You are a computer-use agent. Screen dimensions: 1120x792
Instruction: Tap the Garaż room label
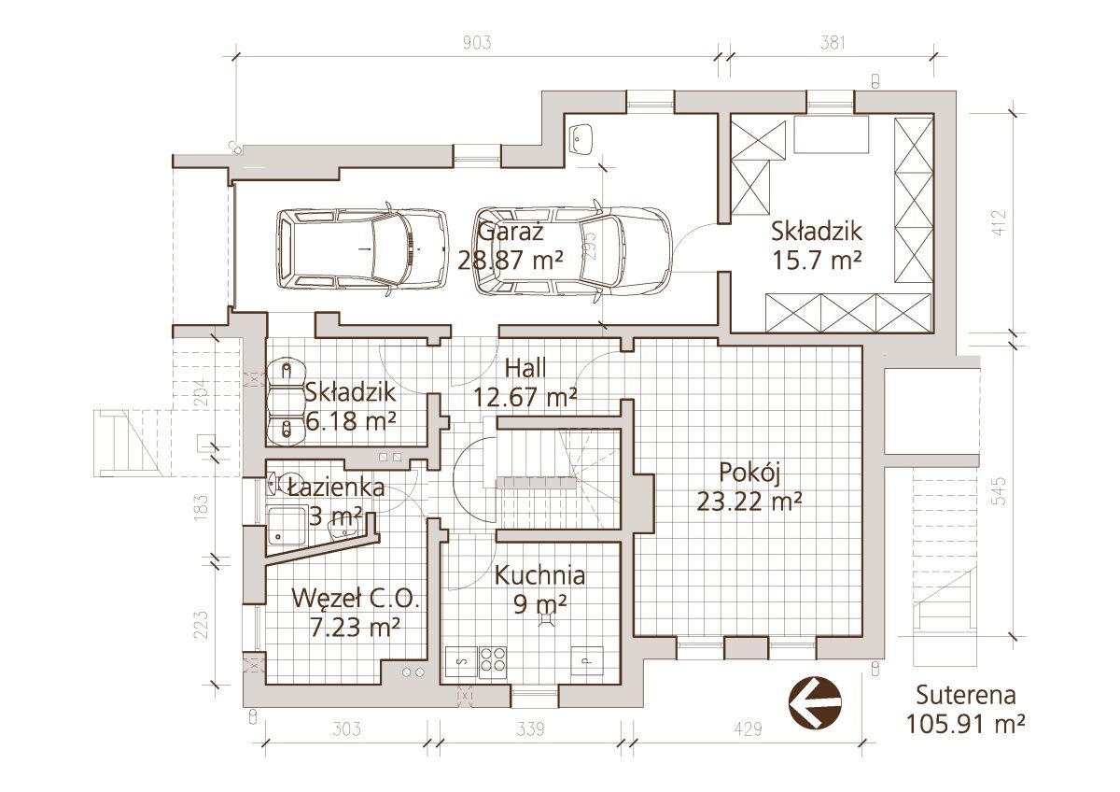[x=510, y=233]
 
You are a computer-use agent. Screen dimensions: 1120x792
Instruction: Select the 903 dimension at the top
[x=477, y=43]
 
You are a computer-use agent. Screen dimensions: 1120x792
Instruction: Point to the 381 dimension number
[x=833, y=43]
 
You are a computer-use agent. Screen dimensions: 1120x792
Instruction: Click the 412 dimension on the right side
[x=998, y=222]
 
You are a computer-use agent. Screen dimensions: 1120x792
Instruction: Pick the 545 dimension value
[x=998, y=491]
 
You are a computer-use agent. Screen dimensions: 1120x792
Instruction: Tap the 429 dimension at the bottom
[x=748, y=729]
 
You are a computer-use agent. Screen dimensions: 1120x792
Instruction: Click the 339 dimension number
[x=530, y=729]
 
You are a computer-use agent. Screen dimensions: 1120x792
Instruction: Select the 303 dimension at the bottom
[x=346, y=729]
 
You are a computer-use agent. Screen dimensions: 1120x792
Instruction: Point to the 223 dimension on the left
[x=201, y=625]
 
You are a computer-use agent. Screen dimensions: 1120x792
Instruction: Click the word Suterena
[x=966, y=696]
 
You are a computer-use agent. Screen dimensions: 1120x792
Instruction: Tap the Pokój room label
[x=749, y=474]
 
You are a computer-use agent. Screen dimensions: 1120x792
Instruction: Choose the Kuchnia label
[x=539, y=576]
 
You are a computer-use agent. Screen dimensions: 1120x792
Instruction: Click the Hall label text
[x=525, y=368]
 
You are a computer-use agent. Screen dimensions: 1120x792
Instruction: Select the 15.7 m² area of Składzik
[x=817, y=260]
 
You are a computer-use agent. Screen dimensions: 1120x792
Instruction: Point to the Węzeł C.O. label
[x=355, y=600]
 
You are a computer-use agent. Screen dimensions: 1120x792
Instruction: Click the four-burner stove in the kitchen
[x=493, y=662]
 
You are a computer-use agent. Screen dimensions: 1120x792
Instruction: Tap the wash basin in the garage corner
[x=581, y=139]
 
